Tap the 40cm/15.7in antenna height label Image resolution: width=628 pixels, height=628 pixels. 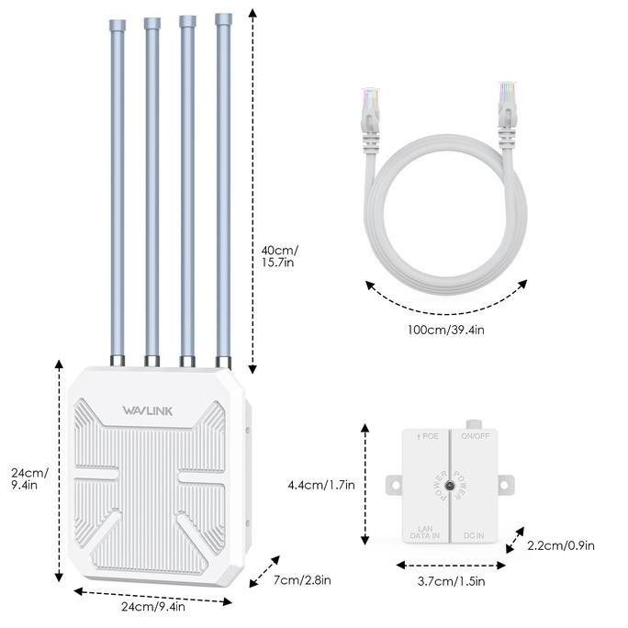click(x=280, y=255)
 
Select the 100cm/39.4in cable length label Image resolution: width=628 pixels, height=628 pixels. click(x=446, y=330)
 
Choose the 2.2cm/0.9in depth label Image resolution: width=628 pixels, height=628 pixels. click(x=561, y=545)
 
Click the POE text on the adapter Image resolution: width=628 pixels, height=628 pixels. click(x=427, y=437)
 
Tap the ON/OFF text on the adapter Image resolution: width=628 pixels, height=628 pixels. click(x=476, y=437)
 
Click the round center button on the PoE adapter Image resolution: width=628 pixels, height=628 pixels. click(x=450, y=485)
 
